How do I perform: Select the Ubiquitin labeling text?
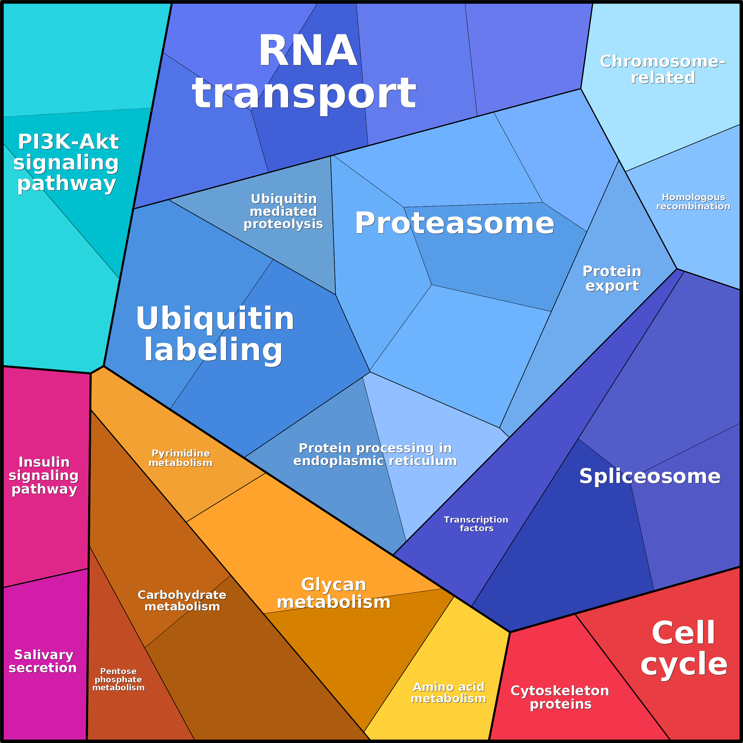click(215, 334)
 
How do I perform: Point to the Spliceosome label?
click(650, 476)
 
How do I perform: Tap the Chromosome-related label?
click(663, 70)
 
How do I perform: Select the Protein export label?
click(612, 278)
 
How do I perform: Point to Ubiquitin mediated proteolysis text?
click(283, 211)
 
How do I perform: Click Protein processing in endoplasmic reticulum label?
click(375, 454)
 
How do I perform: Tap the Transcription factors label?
click(476, 524)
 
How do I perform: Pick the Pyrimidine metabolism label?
click(180, 458)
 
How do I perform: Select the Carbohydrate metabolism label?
click(182, 600)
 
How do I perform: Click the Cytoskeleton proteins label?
click(560, 697)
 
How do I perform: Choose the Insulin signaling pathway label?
click(44, 475)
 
